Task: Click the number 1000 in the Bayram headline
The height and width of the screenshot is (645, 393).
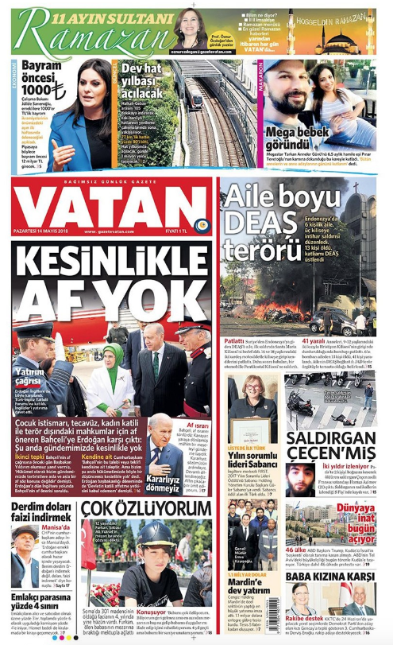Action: click(37, 91)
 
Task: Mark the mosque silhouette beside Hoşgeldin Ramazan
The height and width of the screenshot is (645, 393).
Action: click(354, 40)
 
